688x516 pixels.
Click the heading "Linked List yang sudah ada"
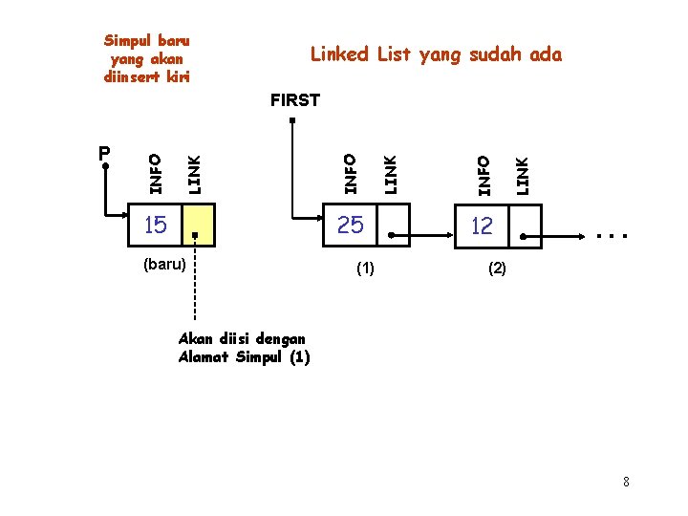click(x=436, y=54)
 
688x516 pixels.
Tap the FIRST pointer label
click(x=295, y=99)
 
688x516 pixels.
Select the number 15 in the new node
click(x=155, y=226)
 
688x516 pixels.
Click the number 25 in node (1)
click(x=351, y=226)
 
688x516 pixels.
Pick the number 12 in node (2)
click(x=483, y=226)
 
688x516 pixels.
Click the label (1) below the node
click(x=364, y=269)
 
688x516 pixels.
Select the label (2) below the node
click(x=497, y=269)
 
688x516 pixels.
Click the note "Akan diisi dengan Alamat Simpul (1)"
click(x=243, y=349)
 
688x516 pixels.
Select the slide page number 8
click(x=626, y=482)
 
